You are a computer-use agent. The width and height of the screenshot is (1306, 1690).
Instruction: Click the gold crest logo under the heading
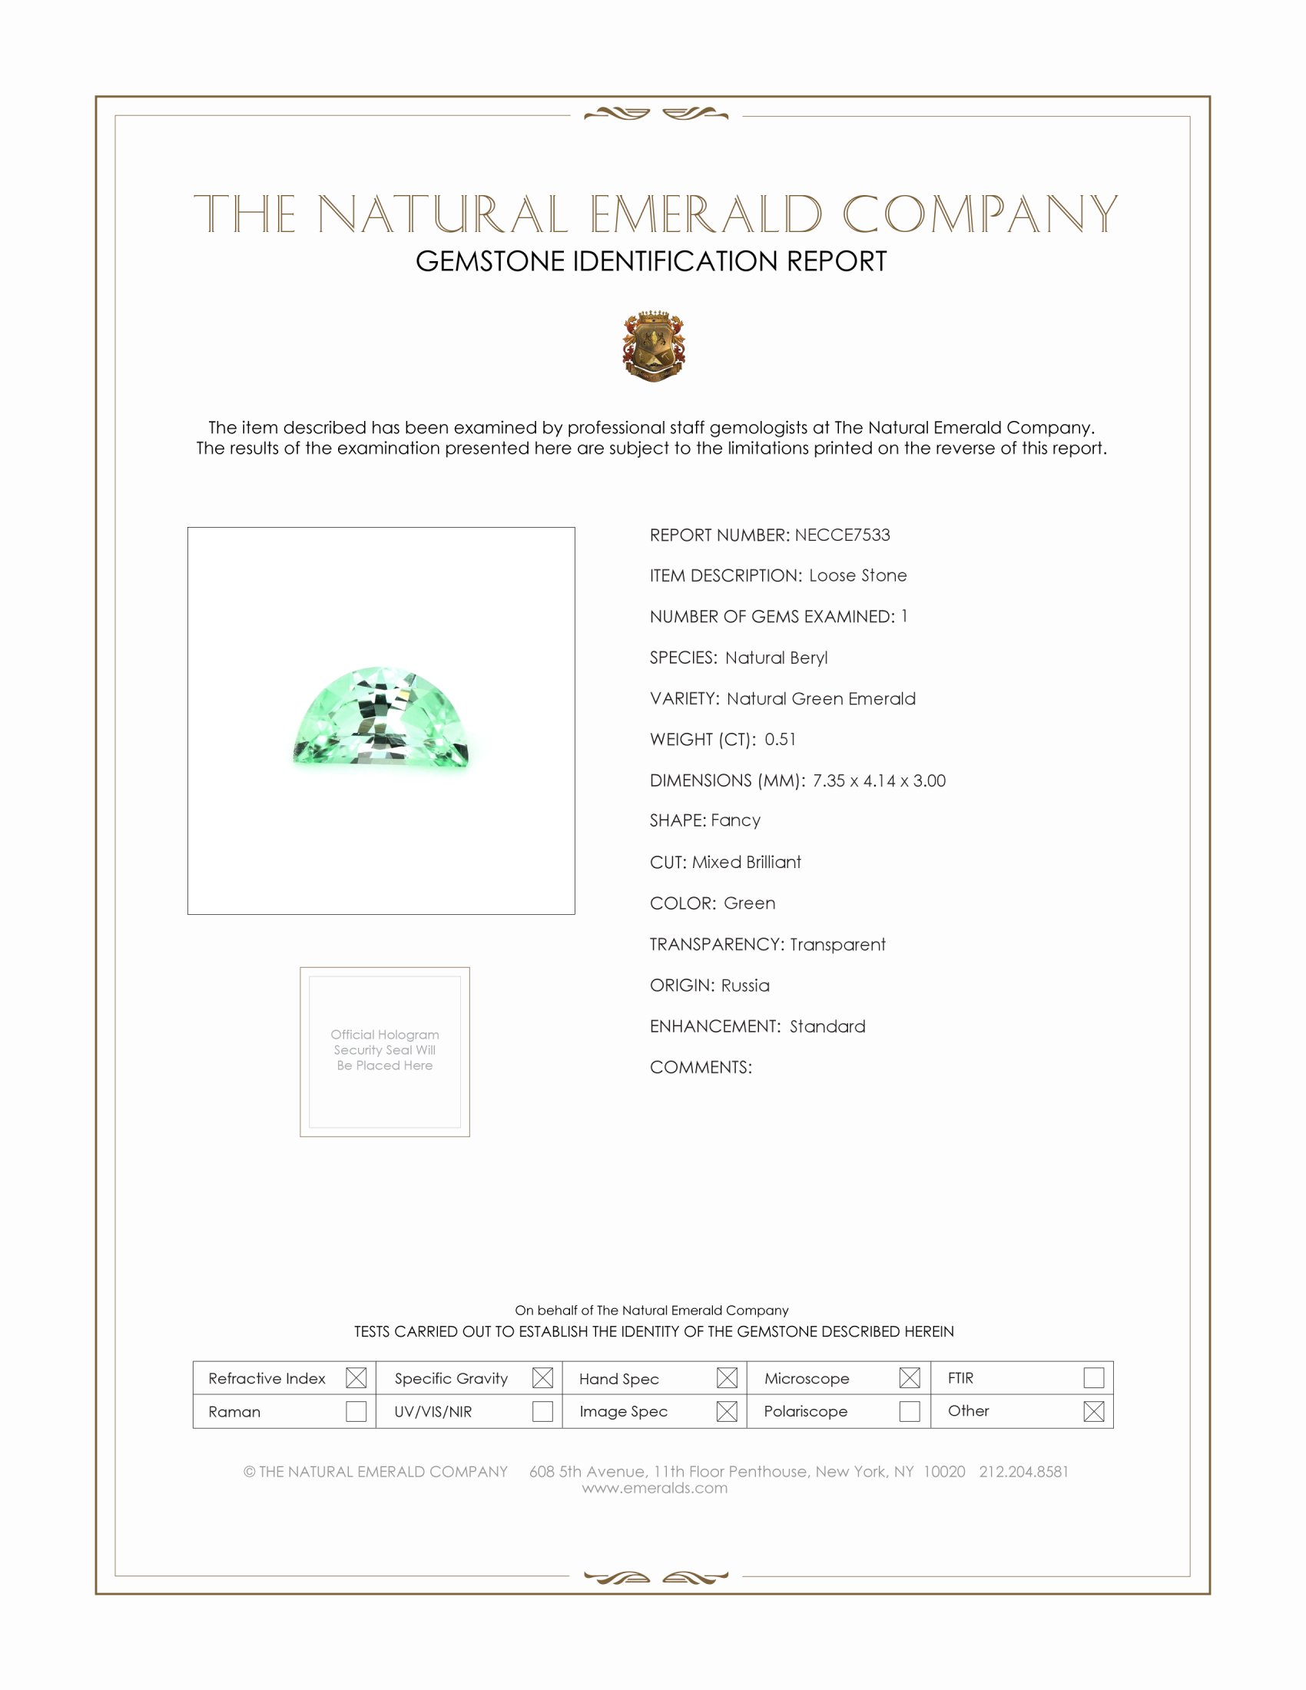[x=654, y=346]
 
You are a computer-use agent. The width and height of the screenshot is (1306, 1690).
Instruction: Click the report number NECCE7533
[x=842, y=535]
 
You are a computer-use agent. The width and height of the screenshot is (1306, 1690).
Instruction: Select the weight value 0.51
[x=780, y=739]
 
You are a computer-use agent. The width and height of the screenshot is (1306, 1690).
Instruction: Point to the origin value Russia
[x=745, y=985]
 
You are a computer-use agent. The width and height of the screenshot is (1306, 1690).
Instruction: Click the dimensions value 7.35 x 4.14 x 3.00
[x=879, y=780]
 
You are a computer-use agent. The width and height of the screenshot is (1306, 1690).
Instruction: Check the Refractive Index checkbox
[x=356, y=1377]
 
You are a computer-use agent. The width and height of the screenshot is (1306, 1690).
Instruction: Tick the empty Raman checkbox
[x=356, y=1411]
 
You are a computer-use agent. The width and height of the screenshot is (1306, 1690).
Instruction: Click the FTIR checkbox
[x=1093, y=1377]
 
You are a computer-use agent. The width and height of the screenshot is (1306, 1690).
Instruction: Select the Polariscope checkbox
[x=910, y=1411]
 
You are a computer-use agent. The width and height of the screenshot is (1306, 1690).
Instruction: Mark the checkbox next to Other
[x=1093, y=1411]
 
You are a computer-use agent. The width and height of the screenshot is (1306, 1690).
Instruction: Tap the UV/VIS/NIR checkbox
[x=542, y=1411]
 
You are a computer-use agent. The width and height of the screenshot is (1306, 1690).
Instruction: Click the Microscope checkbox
[x=910, y=1377]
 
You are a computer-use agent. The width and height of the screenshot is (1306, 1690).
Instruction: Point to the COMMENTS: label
[x=700, y=1067]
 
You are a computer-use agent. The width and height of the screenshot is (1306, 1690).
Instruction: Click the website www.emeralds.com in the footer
[x=655, y=1488]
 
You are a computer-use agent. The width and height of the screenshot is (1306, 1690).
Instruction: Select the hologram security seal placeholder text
[x=385, y=1050]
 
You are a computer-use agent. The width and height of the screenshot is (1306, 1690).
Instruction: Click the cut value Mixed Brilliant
[x=747, y=862]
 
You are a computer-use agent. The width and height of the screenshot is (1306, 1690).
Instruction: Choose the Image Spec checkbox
[x=727, y=1411]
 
